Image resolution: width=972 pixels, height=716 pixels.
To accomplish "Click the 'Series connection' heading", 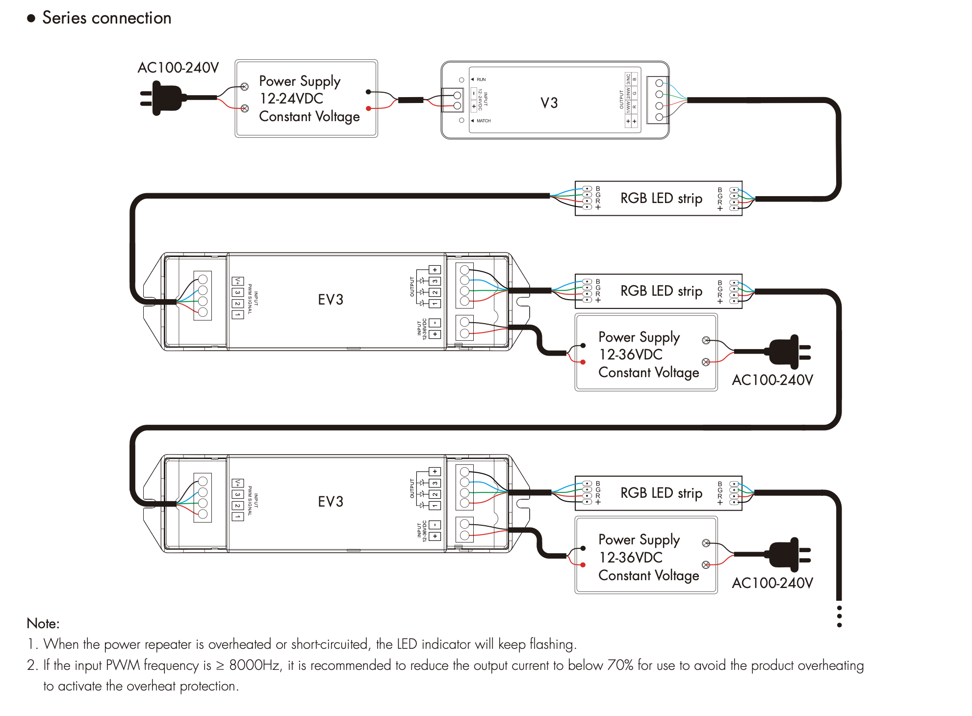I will click(106, 18).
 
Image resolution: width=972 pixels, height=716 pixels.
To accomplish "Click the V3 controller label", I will click(549, 103).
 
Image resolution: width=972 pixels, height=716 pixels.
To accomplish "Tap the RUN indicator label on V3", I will click(481, 79).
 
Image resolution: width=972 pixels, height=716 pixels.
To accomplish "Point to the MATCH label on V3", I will click(484, 121).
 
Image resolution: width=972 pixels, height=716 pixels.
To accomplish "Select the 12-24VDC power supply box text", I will click(309, 99).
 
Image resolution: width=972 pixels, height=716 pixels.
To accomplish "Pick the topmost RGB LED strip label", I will click(661, 198).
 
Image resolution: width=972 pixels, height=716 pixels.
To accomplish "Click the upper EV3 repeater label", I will click(331, 300).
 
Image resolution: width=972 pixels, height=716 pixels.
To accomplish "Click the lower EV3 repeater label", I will click(331, 502).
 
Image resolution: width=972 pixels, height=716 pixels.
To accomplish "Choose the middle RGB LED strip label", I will click(661, 291).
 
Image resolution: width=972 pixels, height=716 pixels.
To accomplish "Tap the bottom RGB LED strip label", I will click(661, 493).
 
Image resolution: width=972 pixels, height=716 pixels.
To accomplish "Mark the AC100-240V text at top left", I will click(178, 68).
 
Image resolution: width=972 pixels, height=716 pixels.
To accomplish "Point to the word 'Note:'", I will click(43, 623).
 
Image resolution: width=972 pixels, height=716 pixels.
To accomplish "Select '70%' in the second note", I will click(620, 665).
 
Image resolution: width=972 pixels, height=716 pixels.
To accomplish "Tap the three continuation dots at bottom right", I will click(840, 616).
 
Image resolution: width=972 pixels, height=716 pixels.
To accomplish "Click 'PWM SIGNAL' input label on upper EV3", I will click(250, 298).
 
